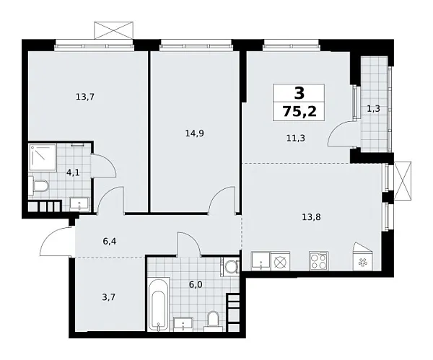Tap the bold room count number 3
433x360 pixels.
tap(299, 92)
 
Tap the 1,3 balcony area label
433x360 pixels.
tap(374, 109)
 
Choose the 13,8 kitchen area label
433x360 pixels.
tap(312, 214)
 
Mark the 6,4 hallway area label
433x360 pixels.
tap(110, 242)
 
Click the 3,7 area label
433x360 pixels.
tap(104, 297)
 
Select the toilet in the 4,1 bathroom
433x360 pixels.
tap(40, 188)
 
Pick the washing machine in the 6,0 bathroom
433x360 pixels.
tap(230, 268)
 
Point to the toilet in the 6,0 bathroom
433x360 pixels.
tap(213, 318)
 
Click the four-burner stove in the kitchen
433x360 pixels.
tap(318, 261)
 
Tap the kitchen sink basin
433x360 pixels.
tap(259, 261)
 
